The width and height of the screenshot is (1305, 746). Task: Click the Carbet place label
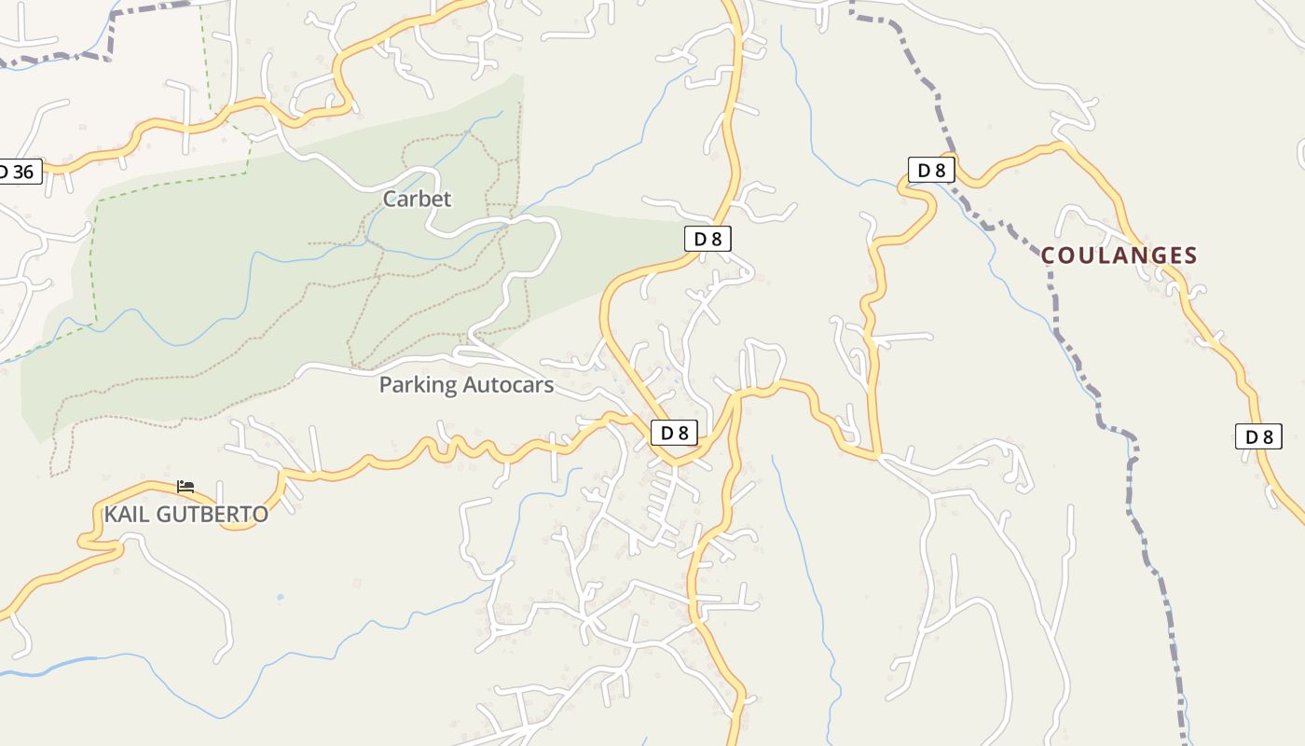(x=417, y=199)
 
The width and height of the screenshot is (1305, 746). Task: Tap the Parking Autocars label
(x=466, y=384)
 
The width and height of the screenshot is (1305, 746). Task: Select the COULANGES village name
(x=1119, y=255)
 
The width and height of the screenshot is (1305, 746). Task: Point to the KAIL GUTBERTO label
(x=185, y=514)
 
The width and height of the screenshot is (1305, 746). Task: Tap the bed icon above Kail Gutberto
(x=185, y=486)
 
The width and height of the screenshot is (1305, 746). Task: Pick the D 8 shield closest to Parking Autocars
(x=674, y=433)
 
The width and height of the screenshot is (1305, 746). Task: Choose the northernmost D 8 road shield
(x=931, y=170)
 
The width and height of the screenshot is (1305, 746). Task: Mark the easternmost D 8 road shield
(x=1258, y=436)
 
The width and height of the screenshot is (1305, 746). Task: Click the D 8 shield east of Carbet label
(x=707, y=239)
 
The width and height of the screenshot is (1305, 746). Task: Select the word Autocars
(x=508, y=384)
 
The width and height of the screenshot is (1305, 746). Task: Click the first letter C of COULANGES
(x=1049, y=255)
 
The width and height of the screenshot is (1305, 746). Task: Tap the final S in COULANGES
(x=1190, y=255)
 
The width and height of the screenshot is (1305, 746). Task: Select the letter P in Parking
(x=385, y=384)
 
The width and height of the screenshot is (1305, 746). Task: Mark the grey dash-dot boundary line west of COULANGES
(x=1051, y=280)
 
